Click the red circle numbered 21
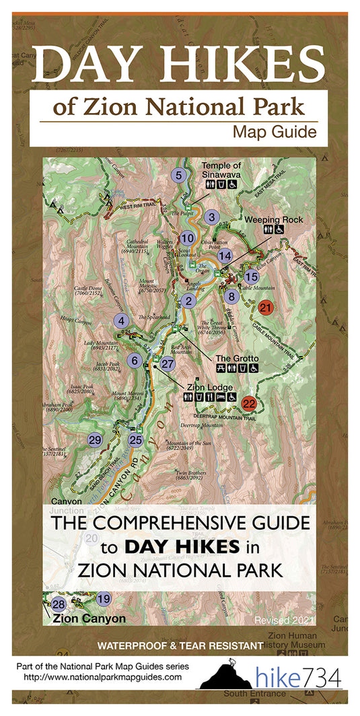pyautogui.click(x=266, y=308)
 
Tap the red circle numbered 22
pyautogui.click(x=249, y=404)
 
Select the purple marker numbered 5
pyautogui.click(x=178, y=176)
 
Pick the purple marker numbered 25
pyautogui.click(x=136, y=440)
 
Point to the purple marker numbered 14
pyautogui.click(x=225, y=256)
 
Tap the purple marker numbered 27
pyautogui.click(x=168, y=363)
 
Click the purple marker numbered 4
pyautogui.click(x=121, y=321)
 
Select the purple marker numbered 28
pyautogui.click(x=59, y=604)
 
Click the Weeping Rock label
pyautogui.click(x=273, y=219)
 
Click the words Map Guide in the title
pyautogui.click(x=274, y=132)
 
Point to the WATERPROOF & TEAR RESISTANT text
pyautogui.click(x=180, y=645)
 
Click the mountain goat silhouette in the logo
pyautogui.click(x=227, y=667)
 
